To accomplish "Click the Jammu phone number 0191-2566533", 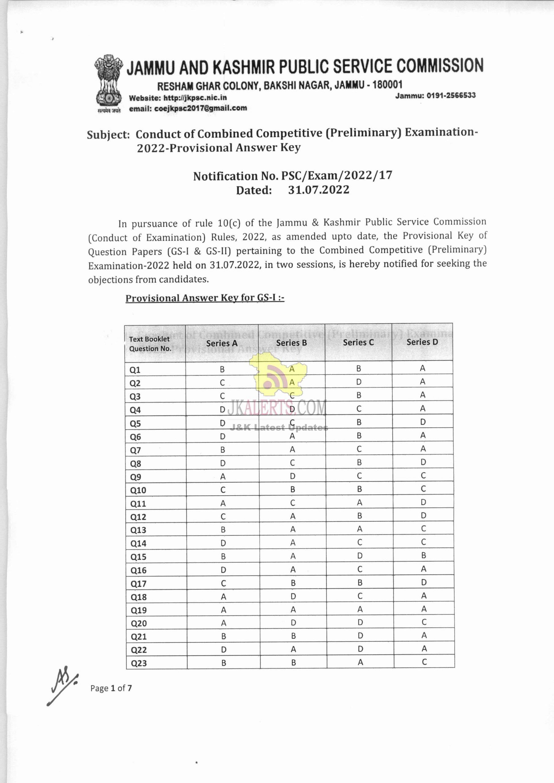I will [435, 95].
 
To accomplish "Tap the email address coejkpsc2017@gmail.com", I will [188, 109].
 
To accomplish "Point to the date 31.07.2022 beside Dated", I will [319, 190].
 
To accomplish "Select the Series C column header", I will [358, 342].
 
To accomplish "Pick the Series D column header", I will [422, 342].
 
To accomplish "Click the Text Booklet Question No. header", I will [150, 343].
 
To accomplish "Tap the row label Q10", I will [138, 490].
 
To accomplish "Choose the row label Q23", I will [139, 663].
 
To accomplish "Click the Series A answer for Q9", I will [223, 477].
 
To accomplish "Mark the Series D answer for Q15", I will [423, 555].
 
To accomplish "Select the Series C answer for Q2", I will [359, 382].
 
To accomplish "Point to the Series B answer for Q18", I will [293, 596].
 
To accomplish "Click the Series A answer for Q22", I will [223, 650].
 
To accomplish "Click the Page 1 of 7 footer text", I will [111, 688].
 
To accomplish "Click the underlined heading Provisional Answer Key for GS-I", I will [205, 298].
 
